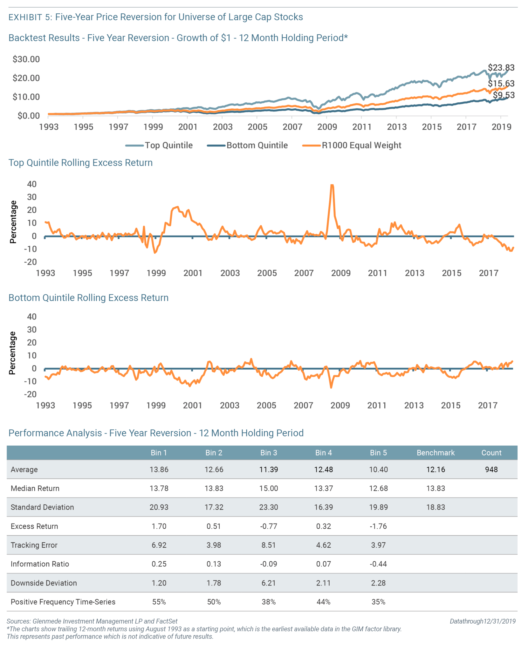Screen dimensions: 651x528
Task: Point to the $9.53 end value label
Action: (x=503, y=95)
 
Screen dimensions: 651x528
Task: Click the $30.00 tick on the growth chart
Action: (x=26, y=59)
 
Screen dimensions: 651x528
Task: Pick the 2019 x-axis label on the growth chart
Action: (x=501, y=127)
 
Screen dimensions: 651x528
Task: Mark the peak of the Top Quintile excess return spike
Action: (x=332, y=185)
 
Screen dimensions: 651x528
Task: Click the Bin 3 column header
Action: (x=269, y=453)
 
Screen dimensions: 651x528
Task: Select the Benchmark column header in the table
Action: (x=435, y=453)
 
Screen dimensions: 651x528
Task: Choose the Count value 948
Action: (x=491, y=469)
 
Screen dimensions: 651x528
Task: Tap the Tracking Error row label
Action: (x=34, y=545)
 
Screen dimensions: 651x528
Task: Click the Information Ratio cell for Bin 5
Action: (x=378, y=564)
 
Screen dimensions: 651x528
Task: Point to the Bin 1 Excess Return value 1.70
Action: (x=159, y=526)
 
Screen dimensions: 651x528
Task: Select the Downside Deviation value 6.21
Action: (x=269, y=583)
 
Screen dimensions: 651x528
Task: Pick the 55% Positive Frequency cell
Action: (x=159, y=602)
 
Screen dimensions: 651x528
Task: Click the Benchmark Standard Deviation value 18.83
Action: (x=435, y=507)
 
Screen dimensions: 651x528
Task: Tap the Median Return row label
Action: (x=35, y=488)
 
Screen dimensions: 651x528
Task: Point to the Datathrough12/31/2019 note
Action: (x=482, y=621)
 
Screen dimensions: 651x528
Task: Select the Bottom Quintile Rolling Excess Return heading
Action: (x=88, y=298)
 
